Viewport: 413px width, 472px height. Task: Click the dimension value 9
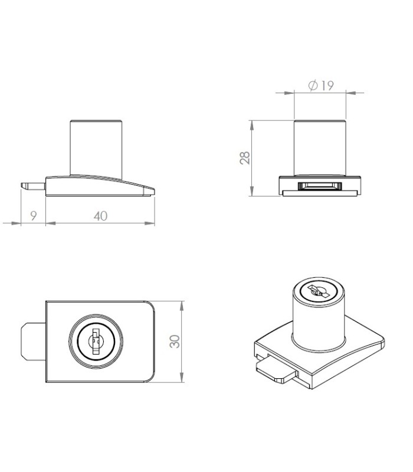point(34,215)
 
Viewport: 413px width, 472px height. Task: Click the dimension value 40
point(100,216)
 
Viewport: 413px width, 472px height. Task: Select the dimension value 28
point(245,158)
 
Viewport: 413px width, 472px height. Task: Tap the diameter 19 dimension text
point(321,86)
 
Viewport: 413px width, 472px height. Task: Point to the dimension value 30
point(174,342)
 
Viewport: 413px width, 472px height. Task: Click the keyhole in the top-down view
point(96,342)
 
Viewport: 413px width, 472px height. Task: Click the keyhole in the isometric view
point(318,291)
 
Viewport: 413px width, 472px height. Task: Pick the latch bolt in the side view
point(33,186)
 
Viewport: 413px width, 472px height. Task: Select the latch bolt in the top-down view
point(34,342)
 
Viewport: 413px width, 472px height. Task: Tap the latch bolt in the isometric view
point(276,371)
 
